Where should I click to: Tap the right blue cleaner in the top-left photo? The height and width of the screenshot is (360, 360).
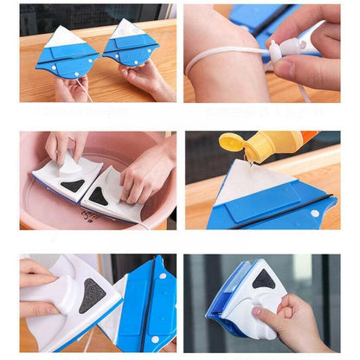131,48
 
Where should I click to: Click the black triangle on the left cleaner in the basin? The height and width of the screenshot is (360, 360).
72,184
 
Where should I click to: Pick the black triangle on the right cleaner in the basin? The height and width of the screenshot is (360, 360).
100,196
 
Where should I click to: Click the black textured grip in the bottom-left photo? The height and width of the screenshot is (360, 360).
93,294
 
